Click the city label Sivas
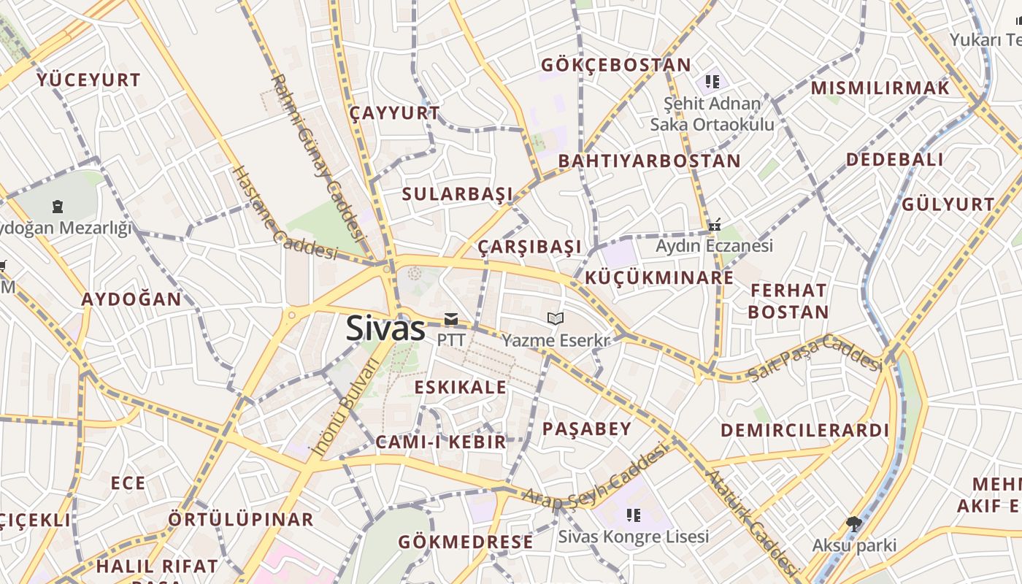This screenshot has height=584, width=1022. pos(385,328)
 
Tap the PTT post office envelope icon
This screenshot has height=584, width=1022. pos(451,319)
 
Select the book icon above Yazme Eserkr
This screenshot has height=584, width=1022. pos(556,319)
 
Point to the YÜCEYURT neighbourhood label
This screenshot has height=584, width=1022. pos(88,80)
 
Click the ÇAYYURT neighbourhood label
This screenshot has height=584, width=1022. pos(394,113)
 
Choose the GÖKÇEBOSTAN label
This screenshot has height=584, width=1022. pos(615,65)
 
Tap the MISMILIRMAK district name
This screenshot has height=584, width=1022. pos(880,88)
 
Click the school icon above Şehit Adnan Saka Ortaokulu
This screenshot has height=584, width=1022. pos(712,81)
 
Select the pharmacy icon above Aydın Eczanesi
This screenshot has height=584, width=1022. pos(715,225)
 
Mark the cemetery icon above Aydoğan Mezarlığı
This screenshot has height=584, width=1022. pos(58,207)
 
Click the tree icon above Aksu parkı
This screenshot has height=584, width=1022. pos(853,523)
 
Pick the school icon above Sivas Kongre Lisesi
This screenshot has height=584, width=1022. pos(633,515)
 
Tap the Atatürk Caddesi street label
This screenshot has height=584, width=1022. pos(752,523)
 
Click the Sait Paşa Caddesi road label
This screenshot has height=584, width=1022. pos(816,358)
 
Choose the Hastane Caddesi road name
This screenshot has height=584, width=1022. pos(285,214)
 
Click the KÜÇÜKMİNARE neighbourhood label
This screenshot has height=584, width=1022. pos(659,278)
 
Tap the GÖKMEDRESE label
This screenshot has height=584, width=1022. pos(466,542)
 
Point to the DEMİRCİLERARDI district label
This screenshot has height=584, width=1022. pos(805,430)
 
